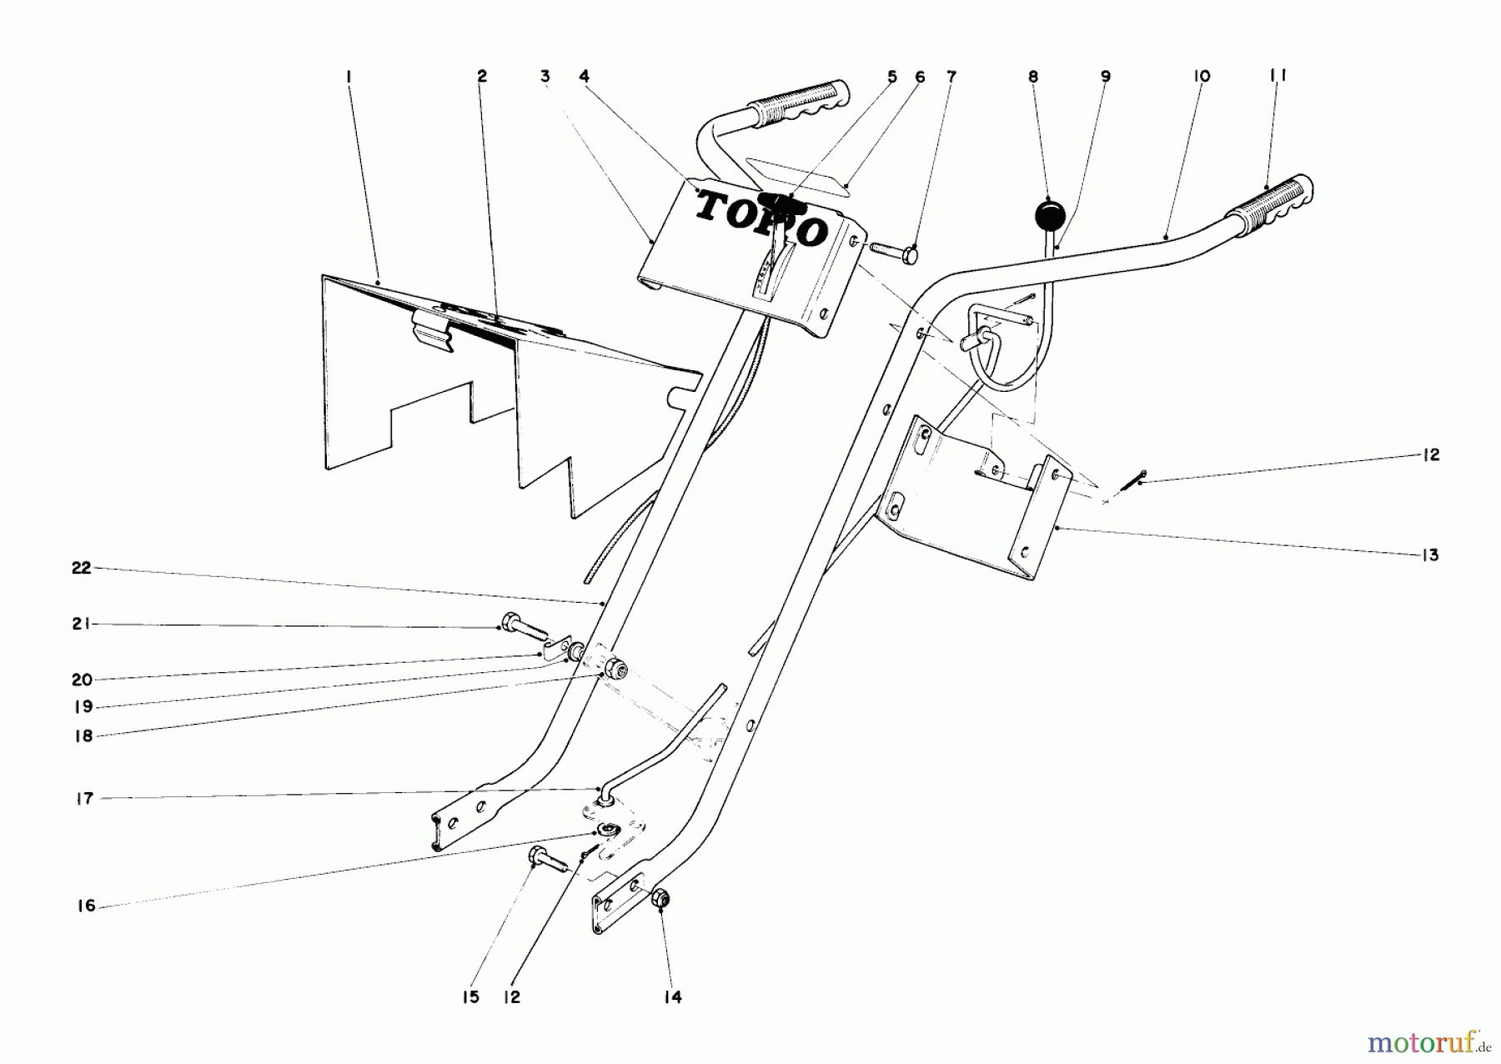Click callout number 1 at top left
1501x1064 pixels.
(349, 76)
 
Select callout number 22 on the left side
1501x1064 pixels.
(81, 568)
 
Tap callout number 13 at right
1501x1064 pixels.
(1431, 555)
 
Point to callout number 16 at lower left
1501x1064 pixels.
(86, 906)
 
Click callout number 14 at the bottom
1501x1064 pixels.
(673, 997)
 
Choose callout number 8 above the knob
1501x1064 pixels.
(1033, 77)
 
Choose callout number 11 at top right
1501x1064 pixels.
(1278, 76)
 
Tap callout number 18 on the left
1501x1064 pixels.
(83, 736)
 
